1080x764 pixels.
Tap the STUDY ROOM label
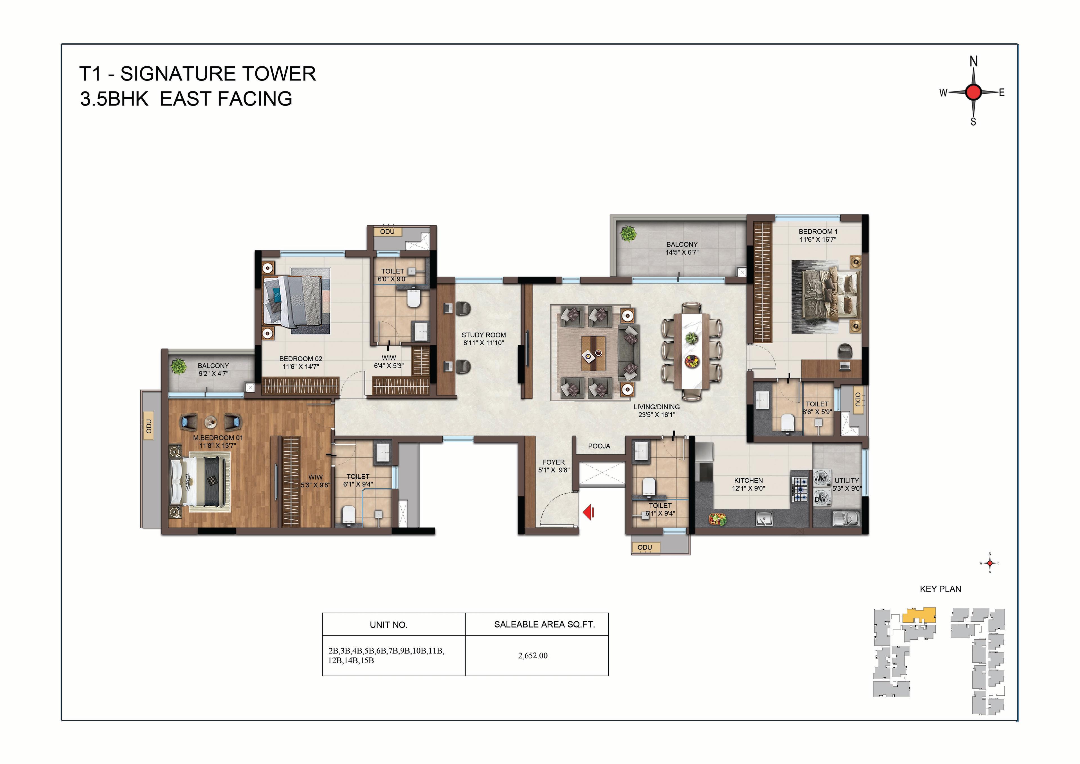coord(483,335)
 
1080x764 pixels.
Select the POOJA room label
coord(599,446)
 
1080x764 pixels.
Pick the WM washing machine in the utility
coord(821,479)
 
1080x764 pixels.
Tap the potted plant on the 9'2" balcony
coord(178,366)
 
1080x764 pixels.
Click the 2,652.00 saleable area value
coord(533,656)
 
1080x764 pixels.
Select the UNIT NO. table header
coord(388,625)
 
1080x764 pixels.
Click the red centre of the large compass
coord(973,92)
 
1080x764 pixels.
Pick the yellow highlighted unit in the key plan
coord(919,615)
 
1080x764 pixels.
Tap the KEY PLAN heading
coord(940,589)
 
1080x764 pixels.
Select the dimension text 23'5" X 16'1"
coord(657,415)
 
